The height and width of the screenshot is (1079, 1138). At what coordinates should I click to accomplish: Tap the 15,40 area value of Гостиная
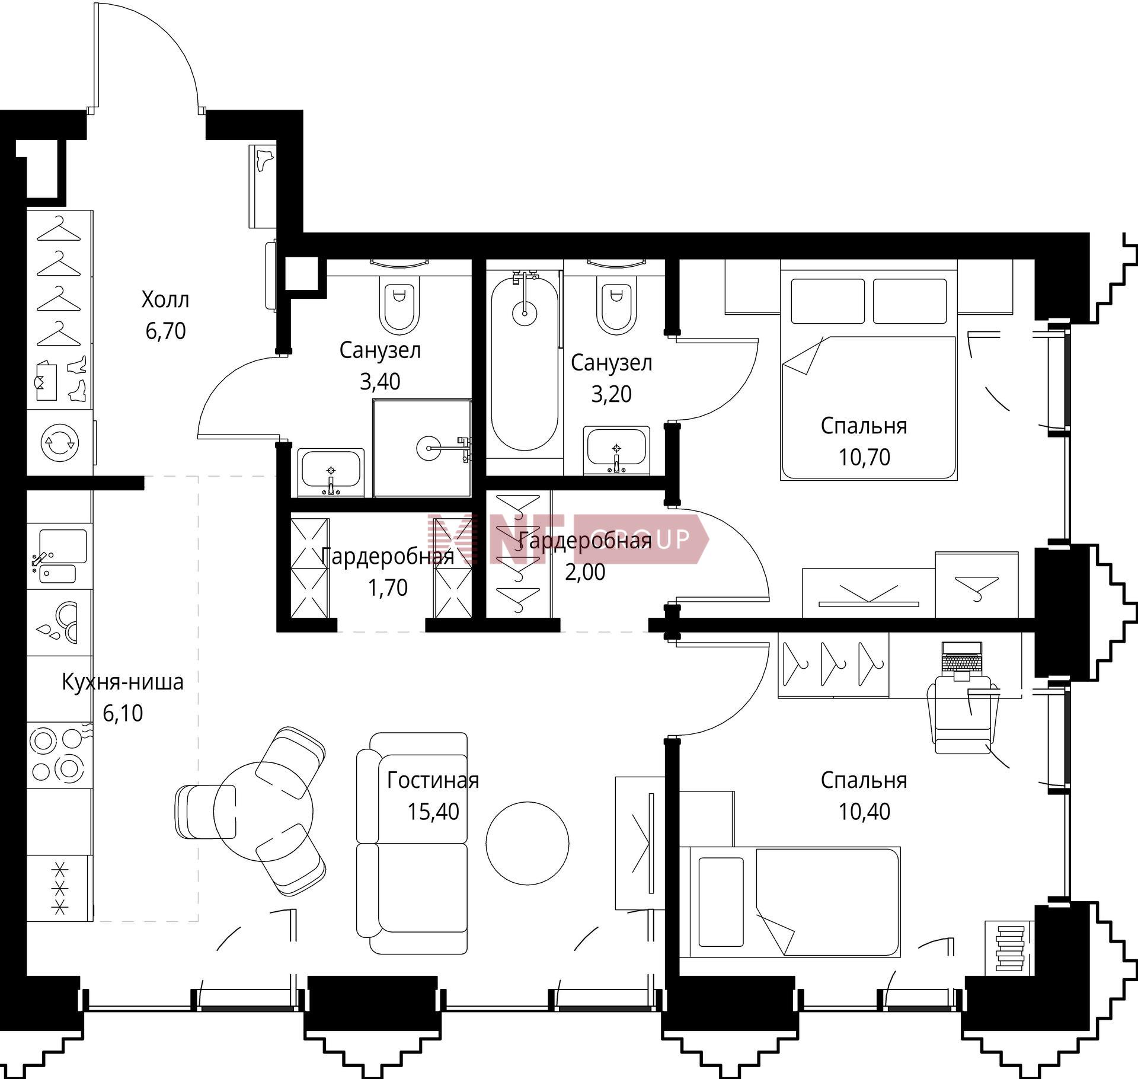pos(433,812)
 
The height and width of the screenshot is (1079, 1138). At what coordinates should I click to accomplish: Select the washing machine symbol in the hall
pos(59,442)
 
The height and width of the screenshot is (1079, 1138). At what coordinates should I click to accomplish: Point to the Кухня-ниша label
pos(123,682)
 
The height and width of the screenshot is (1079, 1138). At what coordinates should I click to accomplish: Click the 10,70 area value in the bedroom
pos(864,457)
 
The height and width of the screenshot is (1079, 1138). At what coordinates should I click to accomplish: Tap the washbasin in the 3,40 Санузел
pos(331,472)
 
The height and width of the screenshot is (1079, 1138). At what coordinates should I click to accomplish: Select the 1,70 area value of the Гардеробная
pos(388,588)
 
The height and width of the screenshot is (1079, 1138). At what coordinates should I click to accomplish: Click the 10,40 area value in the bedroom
pos(864,812)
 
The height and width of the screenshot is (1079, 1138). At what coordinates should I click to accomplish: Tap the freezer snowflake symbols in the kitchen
pos(59,888)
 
